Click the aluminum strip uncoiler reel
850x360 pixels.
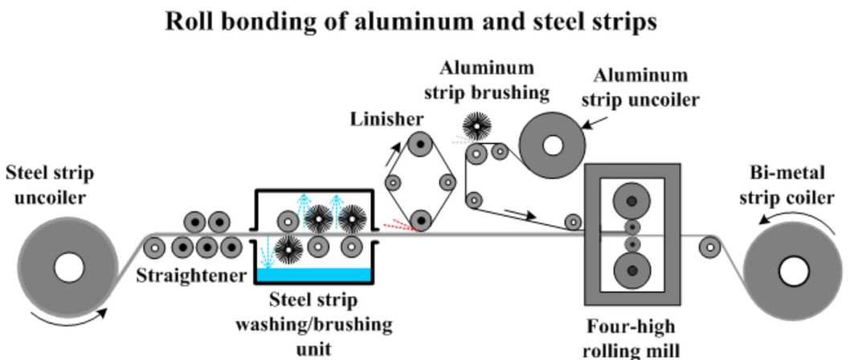(554, 145)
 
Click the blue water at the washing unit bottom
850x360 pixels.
(313, 276)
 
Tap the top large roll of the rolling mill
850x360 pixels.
(631, 202)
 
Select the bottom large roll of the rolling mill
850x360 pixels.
(631, 270)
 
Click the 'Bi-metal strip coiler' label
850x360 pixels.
(791, 186)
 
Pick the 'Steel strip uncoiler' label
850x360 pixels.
(50, 186)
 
